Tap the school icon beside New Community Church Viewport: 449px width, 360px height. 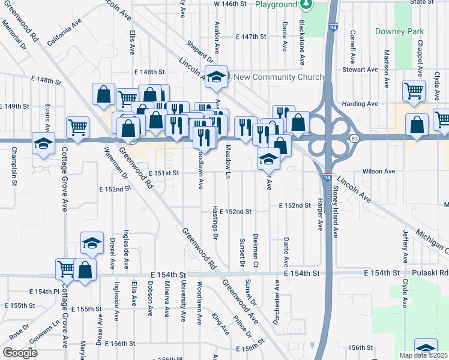coord(216,76)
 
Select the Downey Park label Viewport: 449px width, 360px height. coord(399,31)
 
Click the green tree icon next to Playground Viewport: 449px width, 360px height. coord(307,5)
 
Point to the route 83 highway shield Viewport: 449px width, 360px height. coord(355,139)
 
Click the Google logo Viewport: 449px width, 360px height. coord(20,352)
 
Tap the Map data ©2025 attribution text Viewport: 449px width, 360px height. coord(423,355)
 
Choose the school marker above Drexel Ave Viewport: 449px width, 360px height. coord(92,242)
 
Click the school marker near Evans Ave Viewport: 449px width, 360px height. coord(43,143)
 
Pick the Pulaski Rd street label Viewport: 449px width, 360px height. coord(435,273)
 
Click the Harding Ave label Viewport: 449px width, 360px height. coord(360,103)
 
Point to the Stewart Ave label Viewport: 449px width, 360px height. coord(360,70)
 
